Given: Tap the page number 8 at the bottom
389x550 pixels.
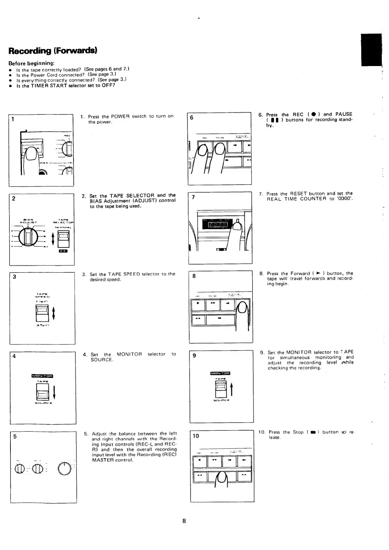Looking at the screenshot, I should (x=184, y=521).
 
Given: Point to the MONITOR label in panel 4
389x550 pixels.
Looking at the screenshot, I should (x=42, y=376).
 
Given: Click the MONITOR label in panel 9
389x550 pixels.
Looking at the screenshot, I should (x=220, y=373).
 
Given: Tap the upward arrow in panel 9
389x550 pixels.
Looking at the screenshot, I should (x=232, y=389).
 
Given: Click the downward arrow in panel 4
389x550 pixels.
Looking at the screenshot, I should (x=54, y=392).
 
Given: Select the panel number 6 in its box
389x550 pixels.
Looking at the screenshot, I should (x=192, y=118).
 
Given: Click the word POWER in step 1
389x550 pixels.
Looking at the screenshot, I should (x=120, y=116).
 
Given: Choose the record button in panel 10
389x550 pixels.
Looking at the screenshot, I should (x=200, y=462).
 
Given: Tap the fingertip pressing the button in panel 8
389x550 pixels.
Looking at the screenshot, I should (x=242, y=308).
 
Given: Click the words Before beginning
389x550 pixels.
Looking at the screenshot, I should (x=31, y=63).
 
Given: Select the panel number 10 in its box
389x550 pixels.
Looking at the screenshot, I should (x=196, y=436).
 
